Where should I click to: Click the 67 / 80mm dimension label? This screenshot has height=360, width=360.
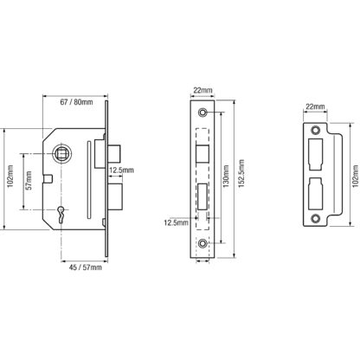(76, 102)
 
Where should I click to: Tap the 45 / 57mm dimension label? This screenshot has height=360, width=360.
(86, 267)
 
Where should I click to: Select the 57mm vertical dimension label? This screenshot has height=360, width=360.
(29, 180)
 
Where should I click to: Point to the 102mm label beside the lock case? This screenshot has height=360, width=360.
(10, 176)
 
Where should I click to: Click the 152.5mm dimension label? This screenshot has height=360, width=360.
(241, 173)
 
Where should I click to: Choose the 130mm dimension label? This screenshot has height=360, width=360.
(226, 176)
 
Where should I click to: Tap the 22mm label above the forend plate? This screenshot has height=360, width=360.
(202, 90)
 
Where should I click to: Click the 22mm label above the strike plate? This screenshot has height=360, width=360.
(315, 106)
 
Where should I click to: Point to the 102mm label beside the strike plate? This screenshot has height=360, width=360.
(356, 176)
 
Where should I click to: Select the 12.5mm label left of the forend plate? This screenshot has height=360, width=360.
(176, 222)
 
